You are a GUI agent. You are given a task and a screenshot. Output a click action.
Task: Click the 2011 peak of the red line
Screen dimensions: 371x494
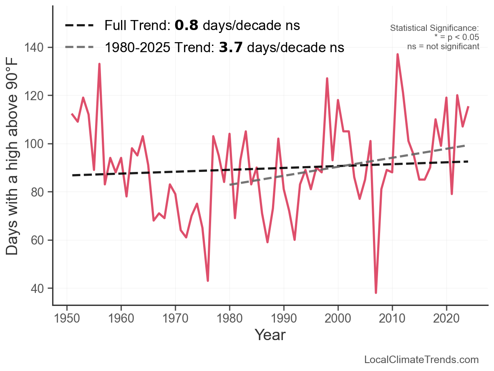(x=398, y=55)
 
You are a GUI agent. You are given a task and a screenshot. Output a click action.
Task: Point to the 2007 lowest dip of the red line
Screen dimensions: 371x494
(x=376, y=293)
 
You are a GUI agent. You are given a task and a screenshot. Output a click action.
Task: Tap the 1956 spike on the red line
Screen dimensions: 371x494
(x=99, y=64)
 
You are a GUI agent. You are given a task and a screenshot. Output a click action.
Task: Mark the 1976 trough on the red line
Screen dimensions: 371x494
(x=208, y=280)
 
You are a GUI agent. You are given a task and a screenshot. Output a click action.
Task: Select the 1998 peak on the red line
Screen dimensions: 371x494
(x=327, y=78)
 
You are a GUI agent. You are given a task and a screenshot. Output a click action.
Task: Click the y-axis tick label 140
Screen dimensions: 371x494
(x=37, y=48)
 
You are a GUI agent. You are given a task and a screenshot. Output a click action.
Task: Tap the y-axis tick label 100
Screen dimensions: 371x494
(x=37, y=144)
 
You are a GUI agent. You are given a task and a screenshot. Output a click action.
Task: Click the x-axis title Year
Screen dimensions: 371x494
(x=270, y=335)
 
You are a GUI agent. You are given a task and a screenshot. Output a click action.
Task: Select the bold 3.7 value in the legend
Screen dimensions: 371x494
(x=231, y=48)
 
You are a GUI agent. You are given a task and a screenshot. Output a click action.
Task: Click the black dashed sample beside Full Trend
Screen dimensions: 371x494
(x=79, y=26)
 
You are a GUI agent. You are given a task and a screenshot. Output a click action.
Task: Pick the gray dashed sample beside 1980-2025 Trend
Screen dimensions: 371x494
(x=79, y=48)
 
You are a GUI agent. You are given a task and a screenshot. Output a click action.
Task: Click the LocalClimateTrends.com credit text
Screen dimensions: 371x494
(x=421, y=360)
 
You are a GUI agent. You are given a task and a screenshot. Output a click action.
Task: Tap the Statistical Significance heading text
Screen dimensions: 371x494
(x=434, y=28)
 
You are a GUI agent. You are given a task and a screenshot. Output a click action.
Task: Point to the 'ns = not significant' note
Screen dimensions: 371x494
(x=443, y=46)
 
